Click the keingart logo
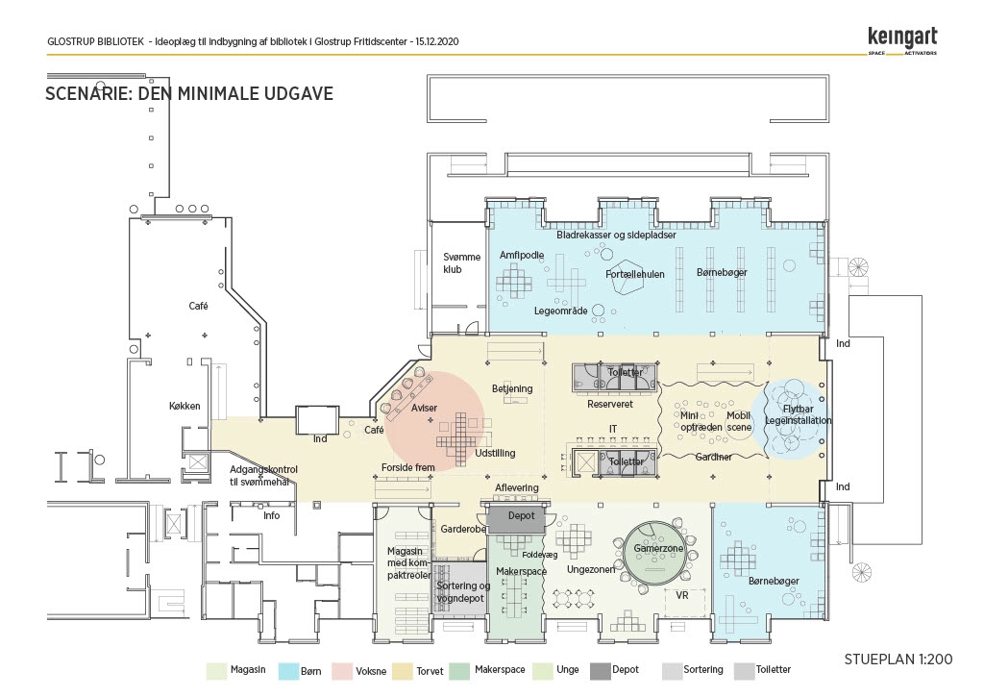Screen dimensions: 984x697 point(902,40)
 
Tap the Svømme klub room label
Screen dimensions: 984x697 point(461,263)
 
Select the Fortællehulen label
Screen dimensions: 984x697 point(634,274)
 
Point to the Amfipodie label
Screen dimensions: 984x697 point(522,255)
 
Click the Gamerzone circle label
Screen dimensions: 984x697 point(658,548)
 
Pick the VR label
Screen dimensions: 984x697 point(682,595)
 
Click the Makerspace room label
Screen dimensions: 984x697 point(521,571)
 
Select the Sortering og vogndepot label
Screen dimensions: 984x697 point(463,592)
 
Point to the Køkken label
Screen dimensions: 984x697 point(184,407)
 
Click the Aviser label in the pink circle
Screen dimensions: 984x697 point(424,409)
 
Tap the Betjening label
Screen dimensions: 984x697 point(512,388)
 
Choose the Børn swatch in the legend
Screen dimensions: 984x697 point(288,671)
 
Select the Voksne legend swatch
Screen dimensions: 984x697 point(342,671)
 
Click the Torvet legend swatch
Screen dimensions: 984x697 point(403,671)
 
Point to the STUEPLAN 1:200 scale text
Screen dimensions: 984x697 point(898,660)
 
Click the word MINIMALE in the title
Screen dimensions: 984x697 point(219,93)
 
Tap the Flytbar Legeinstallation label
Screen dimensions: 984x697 point(798,415)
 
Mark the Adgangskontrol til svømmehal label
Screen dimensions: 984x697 point(263,475)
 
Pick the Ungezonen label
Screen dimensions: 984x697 point(591,569)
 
